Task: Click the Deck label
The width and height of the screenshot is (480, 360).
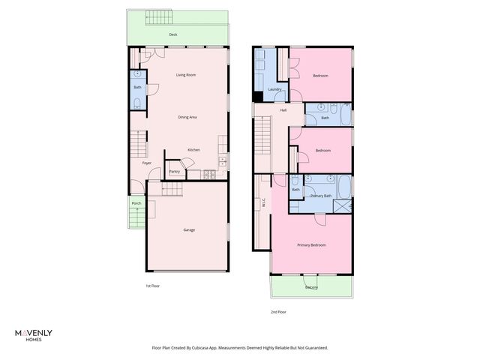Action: click(172, 34)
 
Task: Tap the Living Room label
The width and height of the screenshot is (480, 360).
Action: click(186, 75)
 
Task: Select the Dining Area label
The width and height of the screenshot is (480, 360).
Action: click(187, 117)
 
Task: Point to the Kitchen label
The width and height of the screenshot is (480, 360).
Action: click(193, 150)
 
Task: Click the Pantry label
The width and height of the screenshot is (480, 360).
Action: click(174, 172)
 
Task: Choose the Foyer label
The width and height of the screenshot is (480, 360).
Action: click(147, 163)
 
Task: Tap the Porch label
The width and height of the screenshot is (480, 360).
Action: click(136, 203)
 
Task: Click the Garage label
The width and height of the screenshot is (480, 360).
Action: click(189, 229)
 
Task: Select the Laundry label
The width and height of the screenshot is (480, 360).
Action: click(274, 89)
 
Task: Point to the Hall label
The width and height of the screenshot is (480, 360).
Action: click(283, 110)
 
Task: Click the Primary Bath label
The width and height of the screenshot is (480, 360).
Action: click(322, 196)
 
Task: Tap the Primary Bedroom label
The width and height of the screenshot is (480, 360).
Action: click(311, 245)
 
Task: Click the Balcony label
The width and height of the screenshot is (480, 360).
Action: click(311, 287)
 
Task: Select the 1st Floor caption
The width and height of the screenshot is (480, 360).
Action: click(152, 286)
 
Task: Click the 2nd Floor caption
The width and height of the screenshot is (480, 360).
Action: click(278, 312)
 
